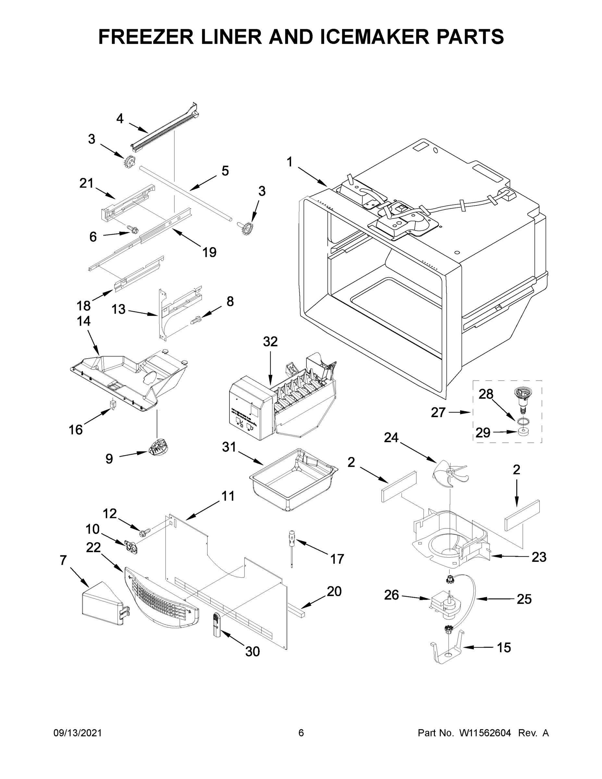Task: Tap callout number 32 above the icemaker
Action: coord(270,342)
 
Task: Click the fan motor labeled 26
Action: coord(444,604)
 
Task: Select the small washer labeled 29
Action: coord(523,433)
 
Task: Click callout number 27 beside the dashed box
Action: coord(438,412)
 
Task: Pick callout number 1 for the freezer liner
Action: coord(289,162)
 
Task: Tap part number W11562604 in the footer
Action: coord(485,733)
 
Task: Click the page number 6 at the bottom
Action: coord(301,733)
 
